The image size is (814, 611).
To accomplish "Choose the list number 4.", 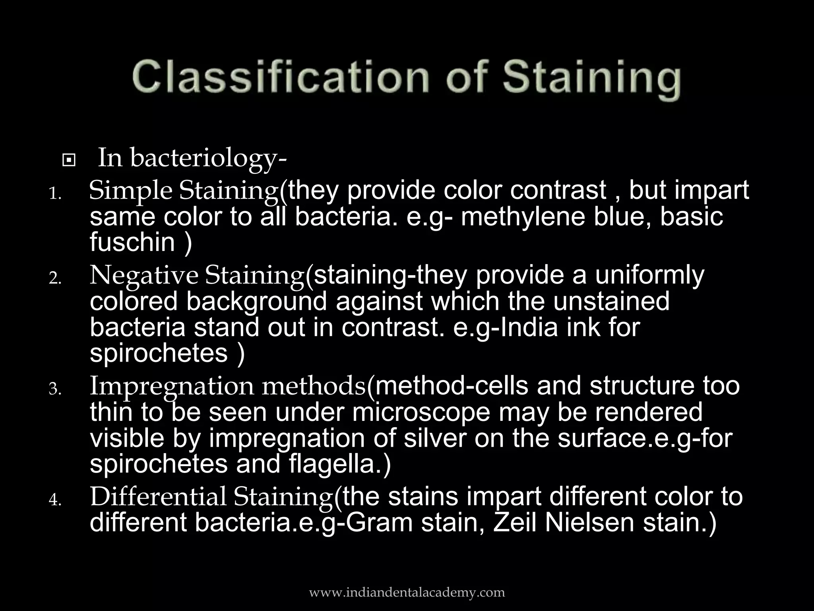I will point(55,500).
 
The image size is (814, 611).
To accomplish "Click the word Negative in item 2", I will point(143,275).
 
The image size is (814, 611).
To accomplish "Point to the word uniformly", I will point(649,275).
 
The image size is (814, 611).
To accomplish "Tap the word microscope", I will point(421,412).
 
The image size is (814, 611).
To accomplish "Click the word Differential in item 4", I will point(158,497).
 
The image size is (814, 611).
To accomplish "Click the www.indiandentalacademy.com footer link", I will point(407,592).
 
